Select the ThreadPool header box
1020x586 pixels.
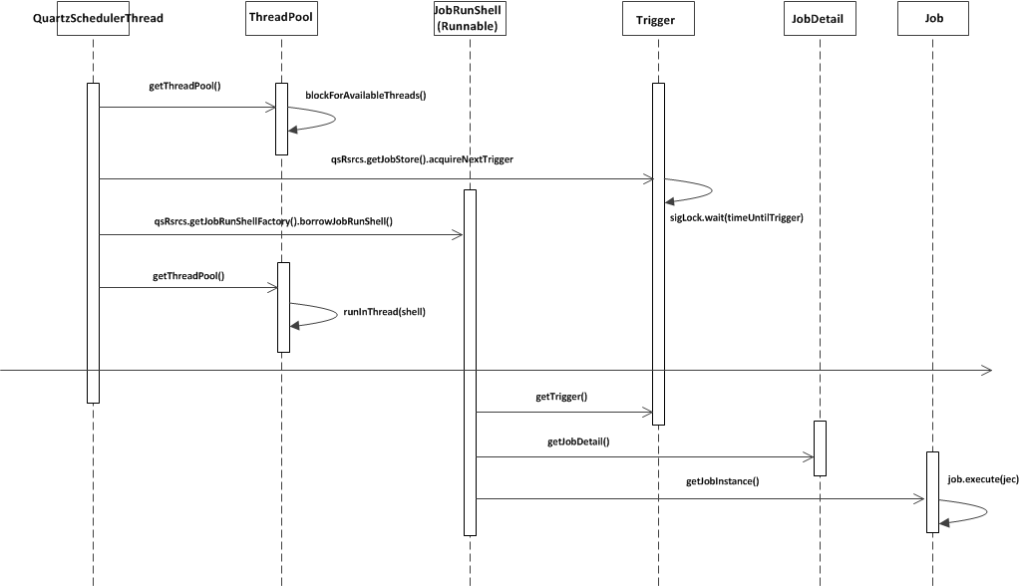pos(281,18)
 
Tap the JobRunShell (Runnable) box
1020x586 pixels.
pos(469,18)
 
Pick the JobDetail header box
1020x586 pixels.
pos(820,19)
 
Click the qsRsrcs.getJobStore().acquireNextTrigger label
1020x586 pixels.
pos(422,159)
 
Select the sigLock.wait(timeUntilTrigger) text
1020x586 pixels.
pos(736,217)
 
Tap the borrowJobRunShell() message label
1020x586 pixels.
pos(273,220)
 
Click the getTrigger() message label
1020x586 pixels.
pos(561,397)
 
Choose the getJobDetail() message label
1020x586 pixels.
pos(578,441)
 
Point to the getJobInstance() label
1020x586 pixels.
pos(723,482)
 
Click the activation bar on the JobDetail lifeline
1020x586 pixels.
pos(820,448)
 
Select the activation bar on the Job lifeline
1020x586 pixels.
pos(932,492)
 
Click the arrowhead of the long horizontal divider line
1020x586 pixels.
pos(986,371)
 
